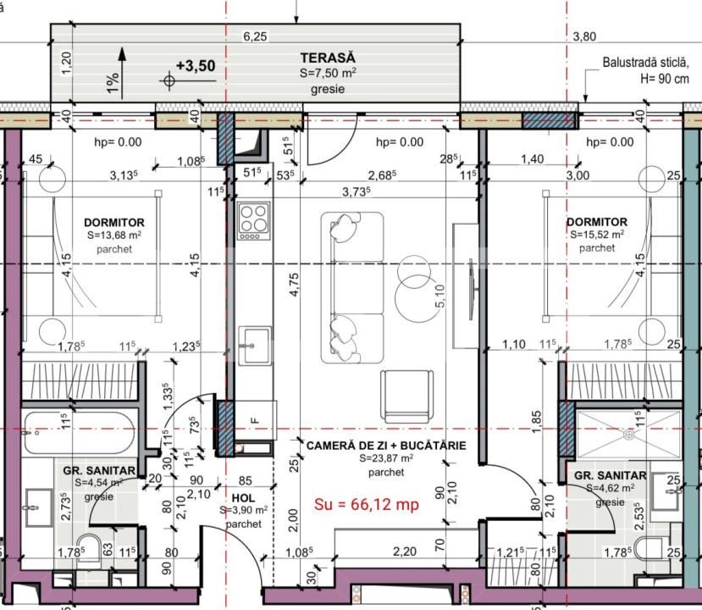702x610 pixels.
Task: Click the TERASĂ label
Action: tap(327, 58)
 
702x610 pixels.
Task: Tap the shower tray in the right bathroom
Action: tap(628, 433)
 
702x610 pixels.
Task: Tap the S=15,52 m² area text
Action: tap(597, 235)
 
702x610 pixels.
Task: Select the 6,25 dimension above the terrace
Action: tap(255, 36)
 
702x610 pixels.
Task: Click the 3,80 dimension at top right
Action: tap(585, 36)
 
